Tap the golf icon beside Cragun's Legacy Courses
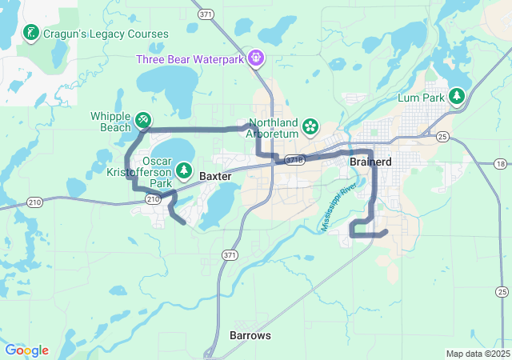pyautogui.click(x=30, y=34)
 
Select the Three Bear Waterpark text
pyautogui.click(x=190, y=58)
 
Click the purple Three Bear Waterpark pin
pyautogui.click(x=255, y=57)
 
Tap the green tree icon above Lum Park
pyautogui.click(x=457, y=96)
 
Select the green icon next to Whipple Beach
pyautogui.click(x=142, y=120)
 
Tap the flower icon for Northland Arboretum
pyautogui.click(x=310, y=126)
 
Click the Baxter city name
pyautogui.click(x=215, y=176)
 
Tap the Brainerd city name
pyautogui.click(x=370, y=162)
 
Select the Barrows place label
pyautogui.click(x=250, y=335)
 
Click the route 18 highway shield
pyautogui.click(x=500, y=164)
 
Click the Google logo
pyautogui.click(x=26, y=350)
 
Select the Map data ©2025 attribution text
pyautogui.click(x=477, y=354)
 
